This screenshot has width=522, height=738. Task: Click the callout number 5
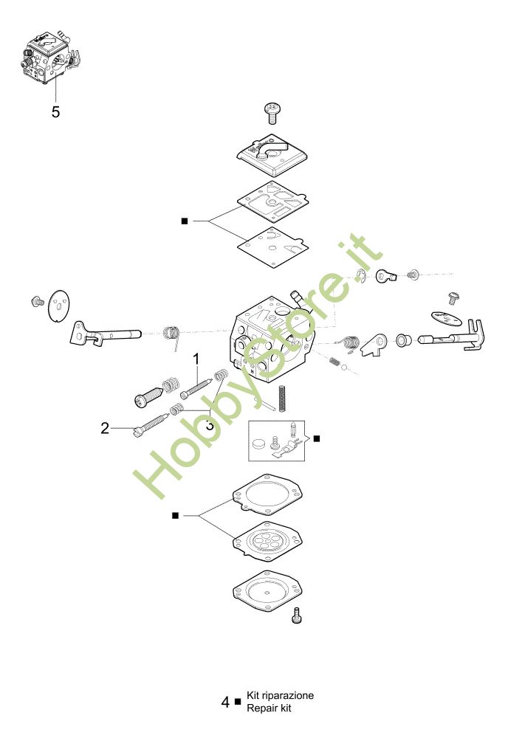(x=55, y=112)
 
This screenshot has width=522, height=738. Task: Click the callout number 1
(x=196, y=359)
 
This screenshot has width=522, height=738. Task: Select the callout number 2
(x=105, y=428)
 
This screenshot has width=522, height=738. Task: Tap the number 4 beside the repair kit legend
(x=226, y=702)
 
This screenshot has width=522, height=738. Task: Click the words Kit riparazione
(x=280, y=695)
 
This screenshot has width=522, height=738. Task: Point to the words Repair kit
(x=269, y=708)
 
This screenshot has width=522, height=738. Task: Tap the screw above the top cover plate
(x=272, y=113)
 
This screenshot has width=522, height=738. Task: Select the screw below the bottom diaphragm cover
(x=297, y=615)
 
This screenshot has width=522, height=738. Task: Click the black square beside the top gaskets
(x=185, y=221)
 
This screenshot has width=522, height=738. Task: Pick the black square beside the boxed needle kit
(x=316, y=438)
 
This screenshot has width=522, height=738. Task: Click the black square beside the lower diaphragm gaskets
(x=175, y=516)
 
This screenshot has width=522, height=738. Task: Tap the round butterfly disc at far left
(x=59, y=306)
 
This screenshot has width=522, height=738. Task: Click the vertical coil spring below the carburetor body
(x=283, y=399)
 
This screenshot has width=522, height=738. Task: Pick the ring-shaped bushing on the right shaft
(x=402, y=339)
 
